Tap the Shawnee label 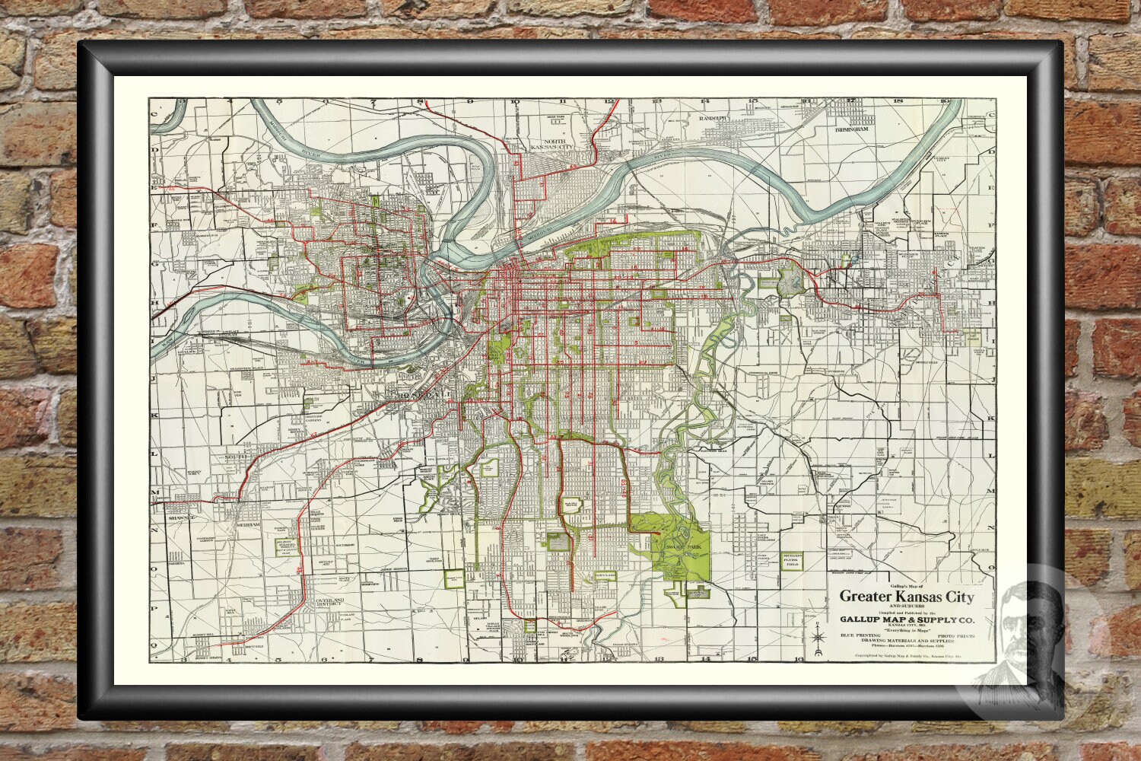point(183,517)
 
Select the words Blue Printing point(860,635)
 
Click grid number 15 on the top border point(753,100)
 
